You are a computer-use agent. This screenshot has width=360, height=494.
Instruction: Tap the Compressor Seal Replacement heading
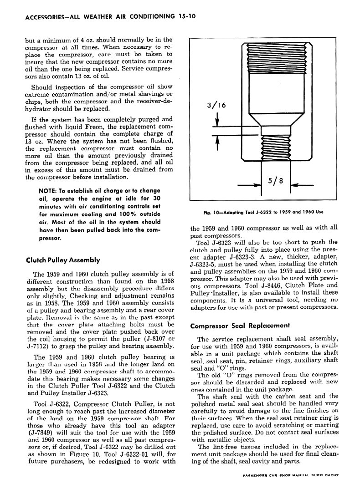(x=240, y=326)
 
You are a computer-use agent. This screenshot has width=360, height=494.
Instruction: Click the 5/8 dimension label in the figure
(x=276, y=180)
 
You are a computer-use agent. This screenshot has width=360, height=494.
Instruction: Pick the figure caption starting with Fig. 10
(x=263, y=212)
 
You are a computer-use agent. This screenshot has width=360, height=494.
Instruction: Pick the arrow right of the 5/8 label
(x=301, y=185)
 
